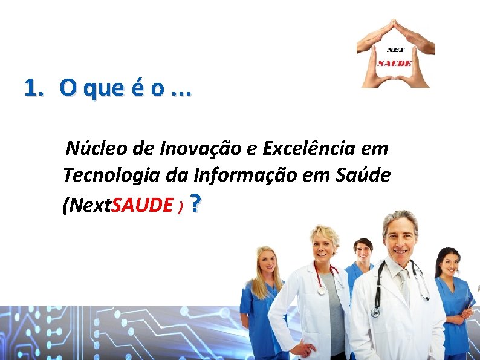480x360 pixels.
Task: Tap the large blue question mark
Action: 195,204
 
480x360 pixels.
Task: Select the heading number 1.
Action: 34,88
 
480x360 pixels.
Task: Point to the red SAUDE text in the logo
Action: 395,62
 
